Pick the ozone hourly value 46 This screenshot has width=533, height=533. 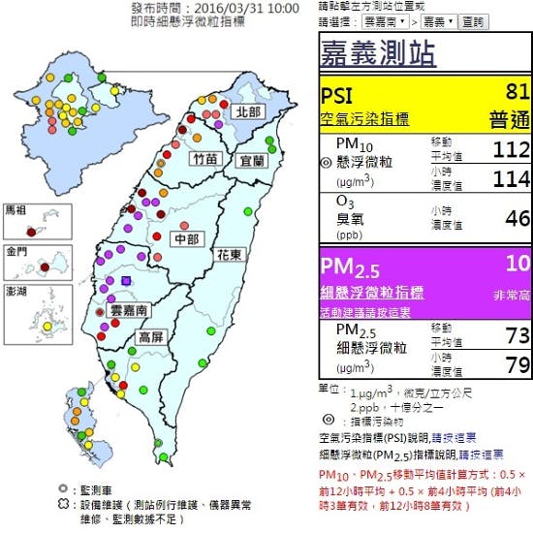click(x=517, y=218)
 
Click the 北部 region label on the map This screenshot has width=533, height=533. click(x=247, y=111)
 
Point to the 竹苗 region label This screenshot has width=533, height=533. click(x=204, y=157)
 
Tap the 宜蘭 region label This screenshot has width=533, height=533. click(x=251, y=160)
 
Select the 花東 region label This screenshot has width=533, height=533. click(x=230, y=256)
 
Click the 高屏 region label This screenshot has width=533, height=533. click(x=151, y=337)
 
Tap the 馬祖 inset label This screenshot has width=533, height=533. click(x=17, y=209)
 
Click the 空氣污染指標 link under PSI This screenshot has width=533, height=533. click(x=364, y=119)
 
